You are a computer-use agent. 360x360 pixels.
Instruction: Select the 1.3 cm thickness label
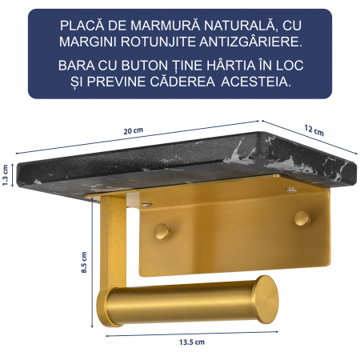point(6,174)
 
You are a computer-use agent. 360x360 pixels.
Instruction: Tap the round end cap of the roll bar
point(266,298)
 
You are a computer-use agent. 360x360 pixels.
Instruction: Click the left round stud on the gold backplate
point(162,231)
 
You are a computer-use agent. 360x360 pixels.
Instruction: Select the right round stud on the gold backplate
point(302,218)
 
